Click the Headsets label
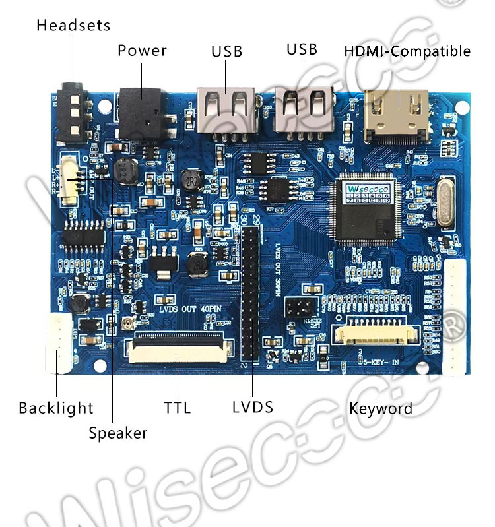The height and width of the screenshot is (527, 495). [73, 26]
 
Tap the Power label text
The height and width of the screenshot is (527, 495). [142, 51]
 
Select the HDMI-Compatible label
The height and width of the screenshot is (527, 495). [407, 51]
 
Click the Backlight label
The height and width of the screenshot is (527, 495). [56, 408]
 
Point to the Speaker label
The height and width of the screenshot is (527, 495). [118, 433]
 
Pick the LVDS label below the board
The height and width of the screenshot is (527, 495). [253, 406]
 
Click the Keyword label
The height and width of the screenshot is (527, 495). [381, 408]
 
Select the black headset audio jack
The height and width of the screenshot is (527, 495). [72, 113]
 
